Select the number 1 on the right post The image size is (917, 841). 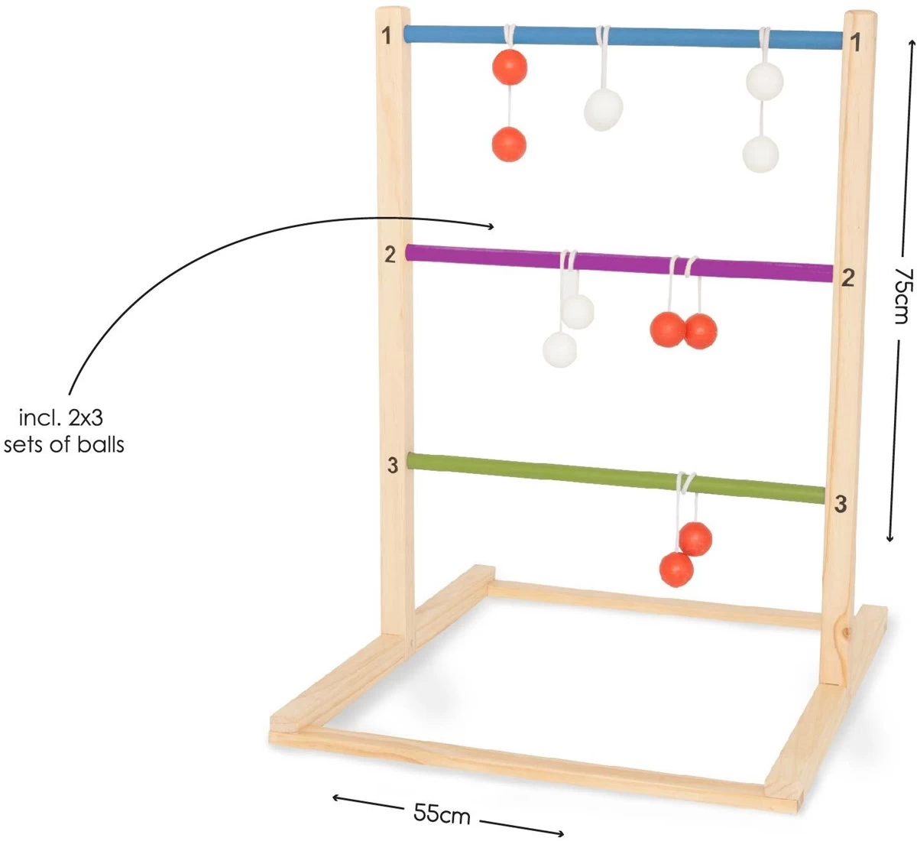pyautogui.click(x=856, y=43)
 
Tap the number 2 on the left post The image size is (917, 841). pyautogui.click(x=390, y=255)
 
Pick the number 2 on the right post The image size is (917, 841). pyautogui.click(x=847, y=278)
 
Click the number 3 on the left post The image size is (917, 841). pyautogui.click(x=393, y=465)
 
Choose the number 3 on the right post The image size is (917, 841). pyautogui.click(x=841, y=504)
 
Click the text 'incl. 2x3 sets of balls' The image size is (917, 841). pyautogui.click(x=63, y=430)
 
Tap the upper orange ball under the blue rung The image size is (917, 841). pyautogui.click(x=509, y=67)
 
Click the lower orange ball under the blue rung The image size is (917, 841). pyautogui.click(x=509, y=144)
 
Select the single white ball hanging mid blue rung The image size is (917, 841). pyautogui.click(x=604, y=109)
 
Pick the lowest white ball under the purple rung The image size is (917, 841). pyautogui.click(x=560, y=349)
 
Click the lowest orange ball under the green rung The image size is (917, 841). pyautogui.click(x=676, y=570)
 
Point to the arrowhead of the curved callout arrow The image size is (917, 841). pyautogui.click(x=492, y=226)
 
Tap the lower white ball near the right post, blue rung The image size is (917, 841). pyautogui.click(x=760, y=154)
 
